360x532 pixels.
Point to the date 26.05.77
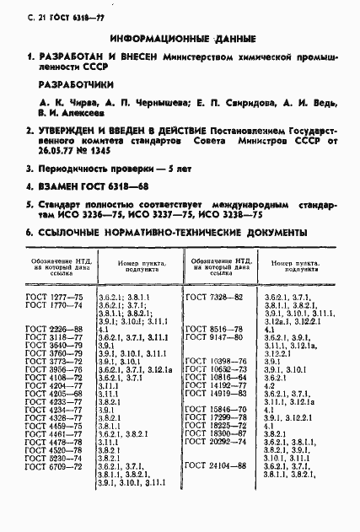(54, 167)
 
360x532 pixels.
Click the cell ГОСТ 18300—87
(216, 434)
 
